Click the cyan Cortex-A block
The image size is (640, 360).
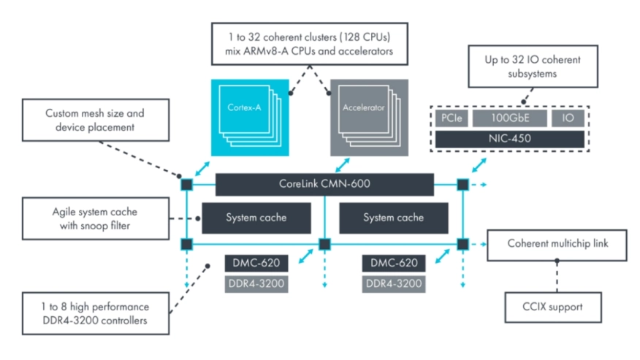[245, 118]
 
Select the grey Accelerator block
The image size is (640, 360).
[363, 118]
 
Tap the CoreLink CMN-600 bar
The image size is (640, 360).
[324, 184]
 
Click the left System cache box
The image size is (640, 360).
[256, 218]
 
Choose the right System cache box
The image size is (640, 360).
[393, 218]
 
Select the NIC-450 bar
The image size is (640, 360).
[509, 139]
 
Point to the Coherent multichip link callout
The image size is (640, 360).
[557, 243]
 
